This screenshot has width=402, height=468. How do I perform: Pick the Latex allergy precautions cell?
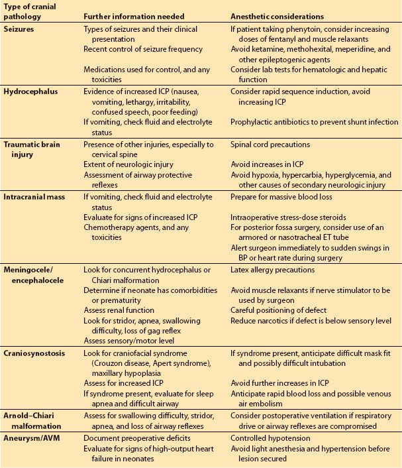(274, 270)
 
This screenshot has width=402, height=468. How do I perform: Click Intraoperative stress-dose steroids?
(289, 216)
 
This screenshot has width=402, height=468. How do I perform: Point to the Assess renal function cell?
(119, 310)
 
